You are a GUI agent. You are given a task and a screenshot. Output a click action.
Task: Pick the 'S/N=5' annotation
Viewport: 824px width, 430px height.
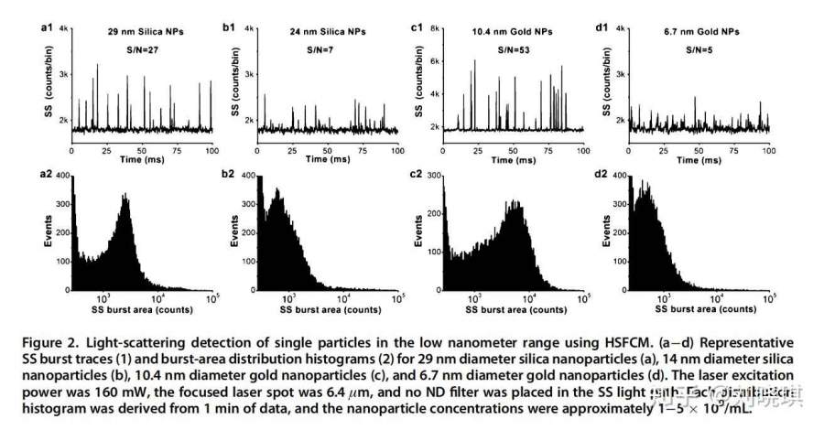pyautogui.click(x=697, y=55)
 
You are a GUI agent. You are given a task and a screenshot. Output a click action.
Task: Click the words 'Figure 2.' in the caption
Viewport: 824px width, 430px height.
pyautogui.click(x=55, y=341)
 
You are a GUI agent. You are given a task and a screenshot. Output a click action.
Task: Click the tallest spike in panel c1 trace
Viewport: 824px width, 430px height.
pyautogui.click(x=475, y=60)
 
